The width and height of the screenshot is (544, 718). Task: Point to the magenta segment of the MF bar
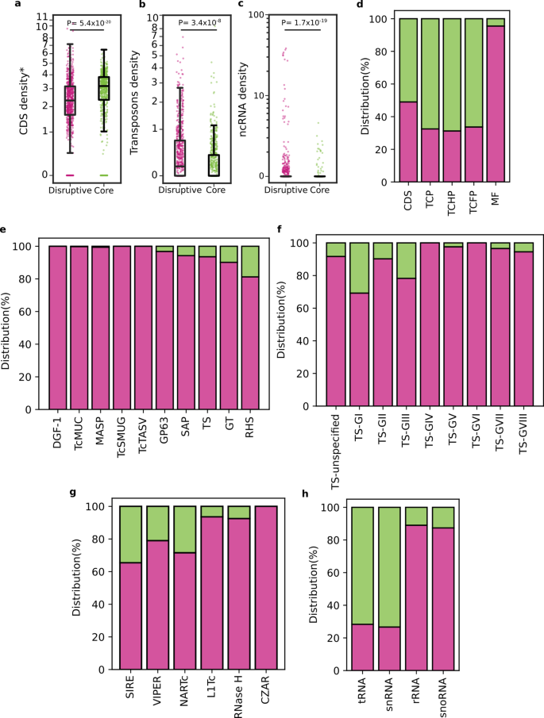495,104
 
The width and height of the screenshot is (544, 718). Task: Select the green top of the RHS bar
250,261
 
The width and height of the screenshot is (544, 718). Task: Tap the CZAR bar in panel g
267,588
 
